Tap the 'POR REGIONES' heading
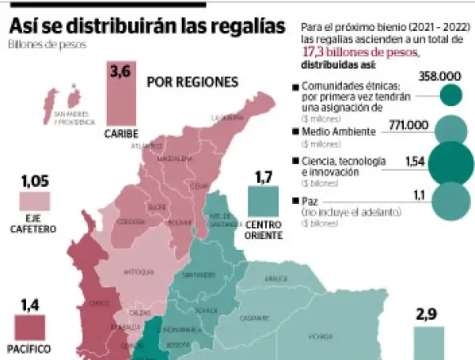[x=192, y=82]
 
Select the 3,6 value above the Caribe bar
[x=120, y=72]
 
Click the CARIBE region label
[x=121, y=134]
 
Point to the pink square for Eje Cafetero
[x=35, y=201]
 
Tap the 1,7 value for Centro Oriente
[x=264, y=176]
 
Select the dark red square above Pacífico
[x=30, y=328]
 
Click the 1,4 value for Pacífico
[x=29, y=304]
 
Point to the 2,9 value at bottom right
[x=427, y=315]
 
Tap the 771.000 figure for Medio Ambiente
[x=408, y=124]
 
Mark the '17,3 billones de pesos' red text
[x=361, y=51]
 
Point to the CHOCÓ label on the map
[x=99, y=302]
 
